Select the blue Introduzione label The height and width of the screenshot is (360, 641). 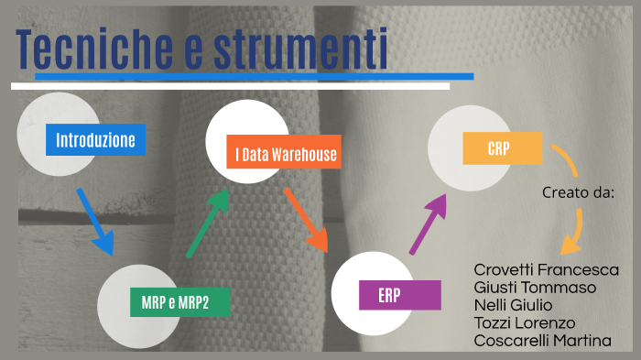[95, 140]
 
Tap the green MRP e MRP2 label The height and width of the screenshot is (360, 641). [175, 301]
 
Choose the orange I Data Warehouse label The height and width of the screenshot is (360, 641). [285, 155]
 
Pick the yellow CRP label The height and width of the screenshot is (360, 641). [499, 147]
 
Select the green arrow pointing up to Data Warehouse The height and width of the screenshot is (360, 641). [207, 224]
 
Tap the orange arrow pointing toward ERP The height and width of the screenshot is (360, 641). [306, 220]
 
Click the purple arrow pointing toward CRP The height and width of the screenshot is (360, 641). [429, 223]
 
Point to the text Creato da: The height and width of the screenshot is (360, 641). [577, 193]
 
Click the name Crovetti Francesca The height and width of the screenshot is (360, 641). [546, 269]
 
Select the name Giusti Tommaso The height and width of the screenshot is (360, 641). [535, 287]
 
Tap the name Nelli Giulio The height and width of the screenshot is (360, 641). [513, 305]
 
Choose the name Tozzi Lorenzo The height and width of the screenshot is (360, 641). [524, 322]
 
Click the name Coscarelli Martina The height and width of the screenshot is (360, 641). [542, 341]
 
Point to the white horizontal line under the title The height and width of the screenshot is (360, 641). [230, 86]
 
